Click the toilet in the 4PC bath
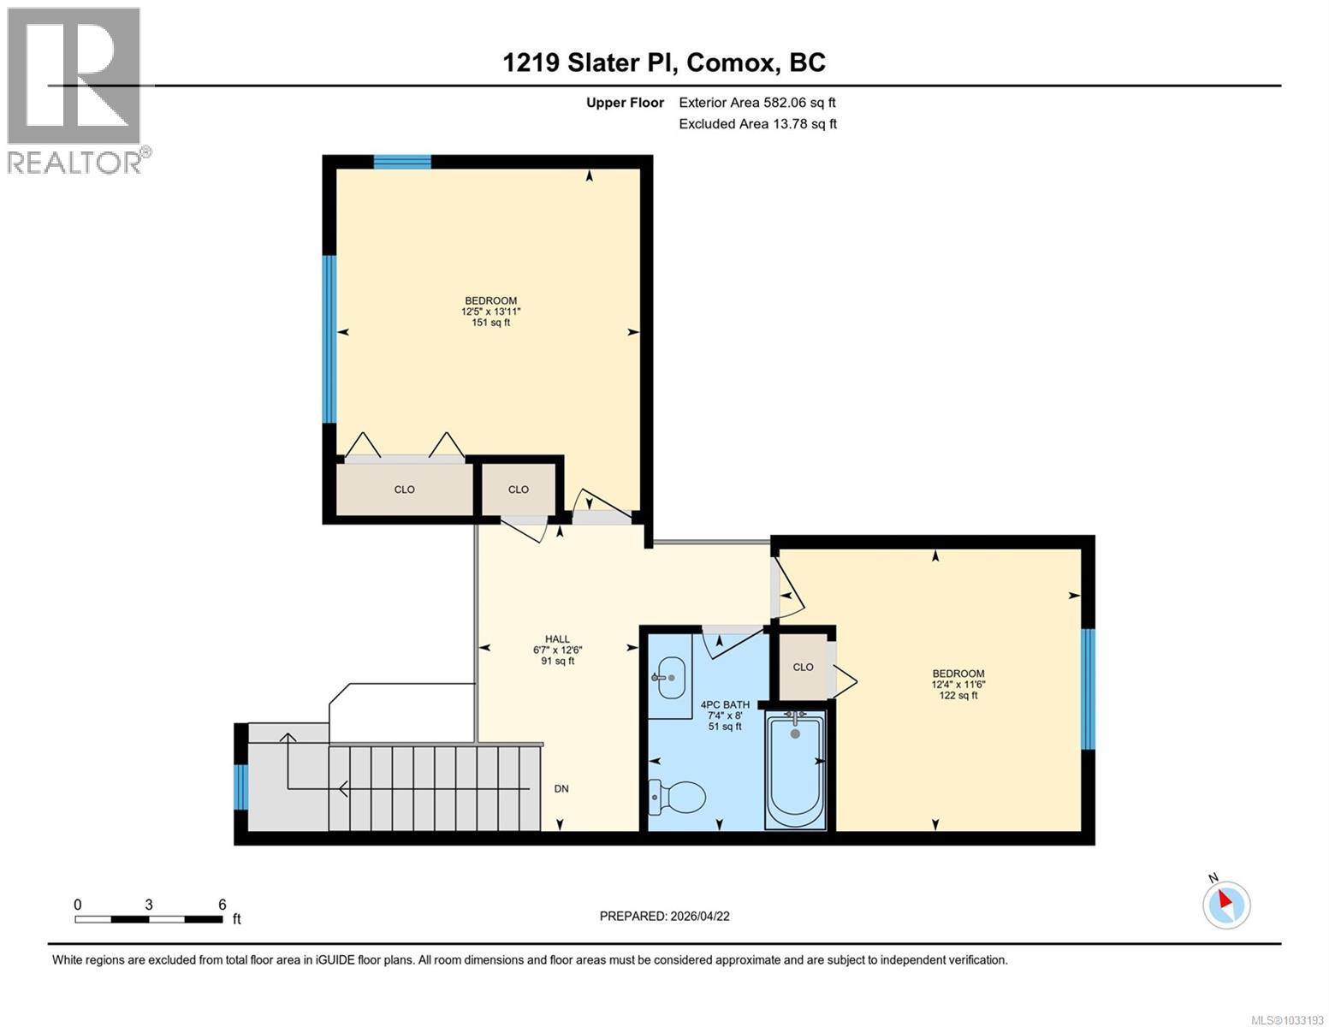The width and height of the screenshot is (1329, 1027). click(677, 796)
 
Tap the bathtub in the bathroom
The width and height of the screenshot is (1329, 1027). click(796, 770)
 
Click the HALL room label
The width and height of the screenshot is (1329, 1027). click(557, 650)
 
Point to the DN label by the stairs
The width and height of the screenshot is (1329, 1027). click(561, 789)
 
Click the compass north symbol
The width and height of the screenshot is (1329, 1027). click(1226, 903)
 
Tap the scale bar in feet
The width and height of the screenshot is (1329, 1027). click(149, 919)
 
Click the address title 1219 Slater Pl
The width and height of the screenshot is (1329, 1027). click(664, 62)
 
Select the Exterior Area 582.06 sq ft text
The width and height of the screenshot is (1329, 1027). click(756, 103)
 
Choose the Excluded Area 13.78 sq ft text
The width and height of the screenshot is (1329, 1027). click(757, 124)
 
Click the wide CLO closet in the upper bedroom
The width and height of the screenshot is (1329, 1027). click(404, 490)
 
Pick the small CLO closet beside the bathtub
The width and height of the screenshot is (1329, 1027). click(803, 667)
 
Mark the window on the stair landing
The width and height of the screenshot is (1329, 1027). click(241, 787)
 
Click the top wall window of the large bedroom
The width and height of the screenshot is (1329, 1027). click(402, 162)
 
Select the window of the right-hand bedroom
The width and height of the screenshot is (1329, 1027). click(1088, 689)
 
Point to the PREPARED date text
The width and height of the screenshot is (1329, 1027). click(664, 916)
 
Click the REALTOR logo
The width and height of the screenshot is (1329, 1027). click(77, 90)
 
